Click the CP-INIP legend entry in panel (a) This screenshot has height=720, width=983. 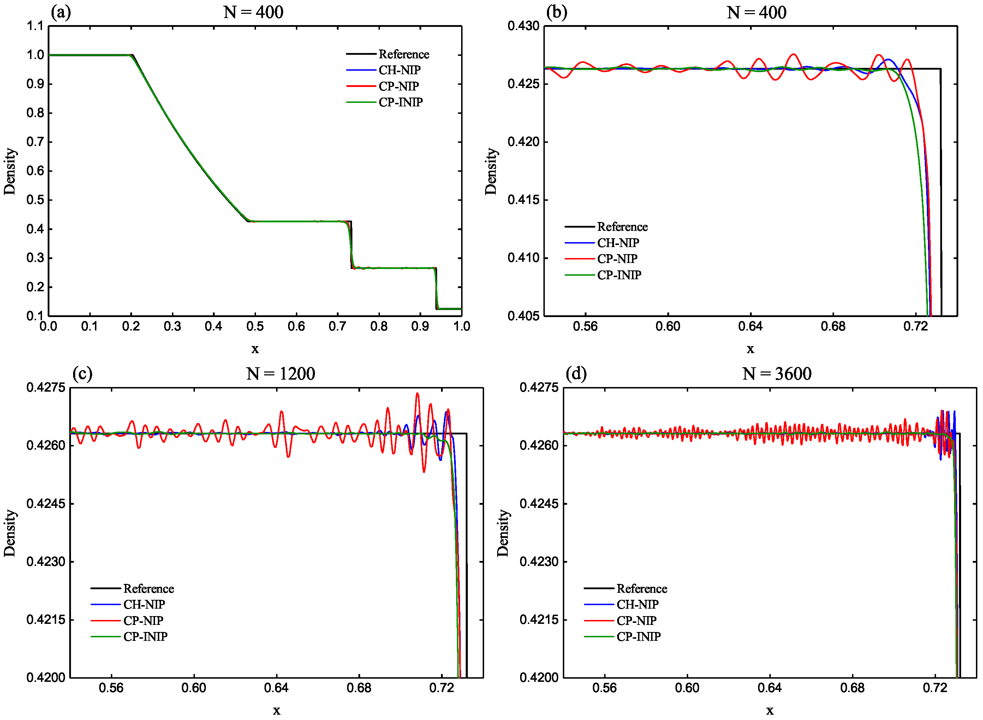coord(400,103)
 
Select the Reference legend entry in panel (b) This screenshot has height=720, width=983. coord(622,227)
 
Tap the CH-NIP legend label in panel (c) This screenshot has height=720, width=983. coord(144,605)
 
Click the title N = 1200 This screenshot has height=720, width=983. coord(280,374)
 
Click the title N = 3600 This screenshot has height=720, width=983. coord(777,374)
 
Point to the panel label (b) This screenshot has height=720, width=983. coord(556,12)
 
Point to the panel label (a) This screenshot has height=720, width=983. coord(60,12)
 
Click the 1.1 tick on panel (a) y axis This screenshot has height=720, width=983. coord(35,26)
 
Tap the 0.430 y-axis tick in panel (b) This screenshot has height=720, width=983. coord(523,26)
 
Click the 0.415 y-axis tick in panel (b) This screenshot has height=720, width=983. coord(523,200)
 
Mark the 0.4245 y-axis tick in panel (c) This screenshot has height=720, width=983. coord(46,504)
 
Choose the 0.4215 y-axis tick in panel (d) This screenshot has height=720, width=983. coord(538,620)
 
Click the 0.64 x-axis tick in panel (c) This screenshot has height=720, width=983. coord(276,688)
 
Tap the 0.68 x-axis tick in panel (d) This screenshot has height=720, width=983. coord(852,688)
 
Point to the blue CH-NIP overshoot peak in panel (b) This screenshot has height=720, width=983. coord(888,60)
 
